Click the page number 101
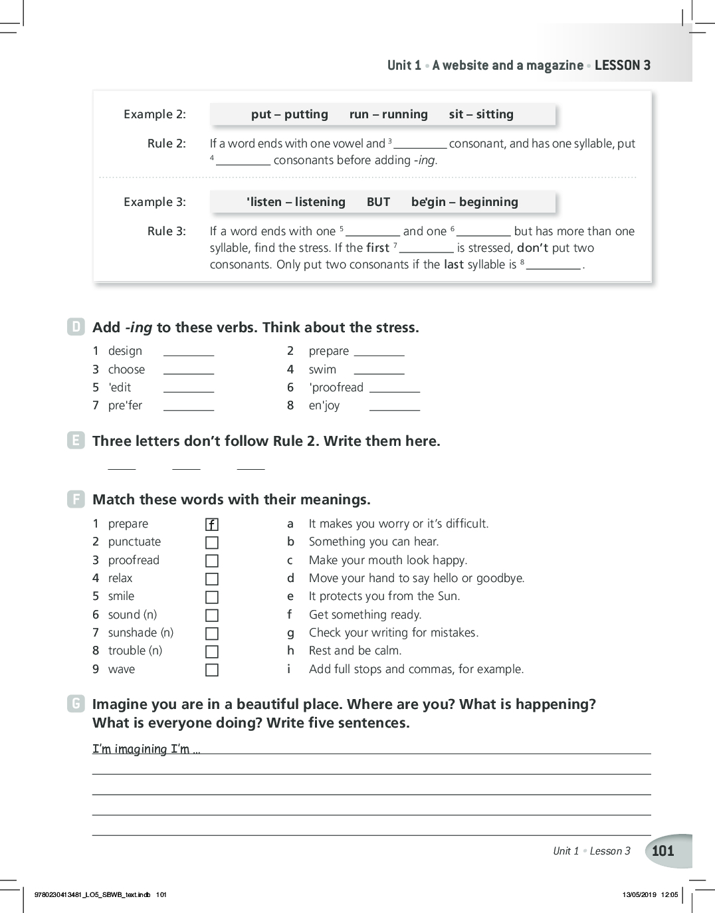point(663,851)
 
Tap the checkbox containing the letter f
point(212,524)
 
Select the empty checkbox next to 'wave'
point(212,670)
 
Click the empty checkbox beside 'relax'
point(212,579)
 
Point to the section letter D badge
point(76,327)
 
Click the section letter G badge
point(76,704)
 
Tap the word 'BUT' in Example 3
point(378,202)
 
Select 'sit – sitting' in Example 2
point(481,114)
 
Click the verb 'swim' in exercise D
point(322,369)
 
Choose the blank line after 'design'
point(189,354)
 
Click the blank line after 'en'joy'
point(395,409)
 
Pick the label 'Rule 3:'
point(167,231)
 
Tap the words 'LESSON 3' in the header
point(623,65)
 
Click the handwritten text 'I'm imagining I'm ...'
point(146,749)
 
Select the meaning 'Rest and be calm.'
point(355,651)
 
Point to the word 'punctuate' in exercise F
point(134,542)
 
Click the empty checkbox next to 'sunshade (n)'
point(212,633)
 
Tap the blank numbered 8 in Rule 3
point(554,267)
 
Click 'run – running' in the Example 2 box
point(389,114)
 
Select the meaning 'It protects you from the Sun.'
point(384,596)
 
